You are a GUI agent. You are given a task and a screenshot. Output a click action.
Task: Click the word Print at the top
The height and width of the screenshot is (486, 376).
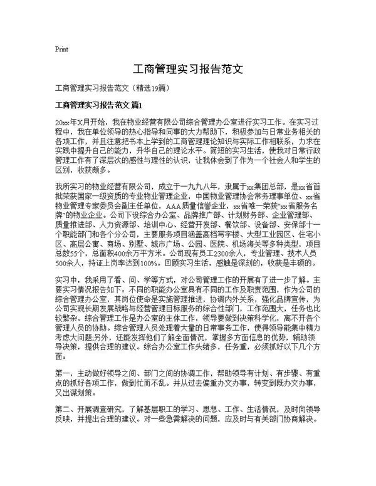click(x=62, y=48)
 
